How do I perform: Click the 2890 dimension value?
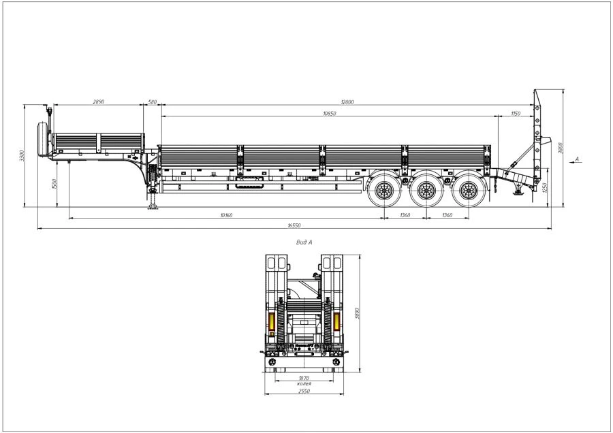tap(99, 101)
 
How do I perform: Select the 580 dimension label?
tap(152, 101)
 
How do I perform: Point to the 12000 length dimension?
tap(349, 101)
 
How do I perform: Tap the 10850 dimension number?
tap(329, 113)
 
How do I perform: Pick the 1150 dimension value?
tap(516, 113)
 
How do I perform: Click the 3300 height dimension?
tap(22, 155)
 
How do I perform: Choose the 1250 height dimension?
tap(544, 186)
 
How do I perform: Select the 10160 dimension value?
tap(227, 215)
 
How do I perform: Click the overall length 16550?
tap(294, 225)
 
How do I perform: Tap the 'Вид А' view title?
tap(304, 242)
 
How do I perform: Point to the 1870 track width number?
tap(304, 378)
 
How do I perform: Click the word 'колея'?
tap(304, 384)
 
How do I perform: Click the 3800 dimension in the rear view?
tap(358, 314)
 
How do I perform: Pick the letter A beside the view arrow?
tap(577, 159)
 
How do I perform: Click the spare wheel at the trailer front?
tap(46, 138)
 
